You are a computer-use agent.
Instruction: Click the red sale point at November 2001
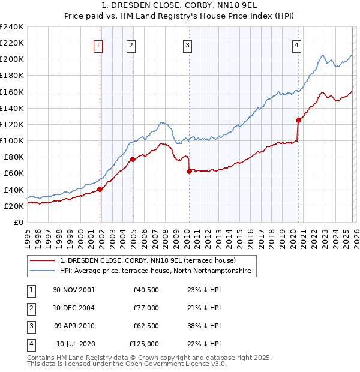[100, 189]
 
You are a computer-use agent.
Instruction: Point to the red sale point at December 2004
[133, 160]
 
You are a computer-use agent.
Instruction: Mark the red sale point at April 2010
[189, 171]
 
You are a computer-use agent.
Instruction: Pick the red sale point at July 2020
[298, 120]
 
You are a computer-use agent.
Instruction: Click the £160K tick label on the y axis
[12, 92]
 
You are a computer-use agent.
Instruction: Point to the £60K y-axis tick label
[14, 173]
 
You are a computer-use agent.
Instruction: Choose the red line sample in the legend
[43, 261]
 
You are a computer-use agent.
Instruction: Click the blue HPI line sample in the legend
[43, 271]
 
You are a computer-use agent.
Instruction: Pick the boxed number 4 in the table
[31, 344]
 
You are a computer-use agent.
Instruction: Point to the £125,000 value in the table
[144, 344]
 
